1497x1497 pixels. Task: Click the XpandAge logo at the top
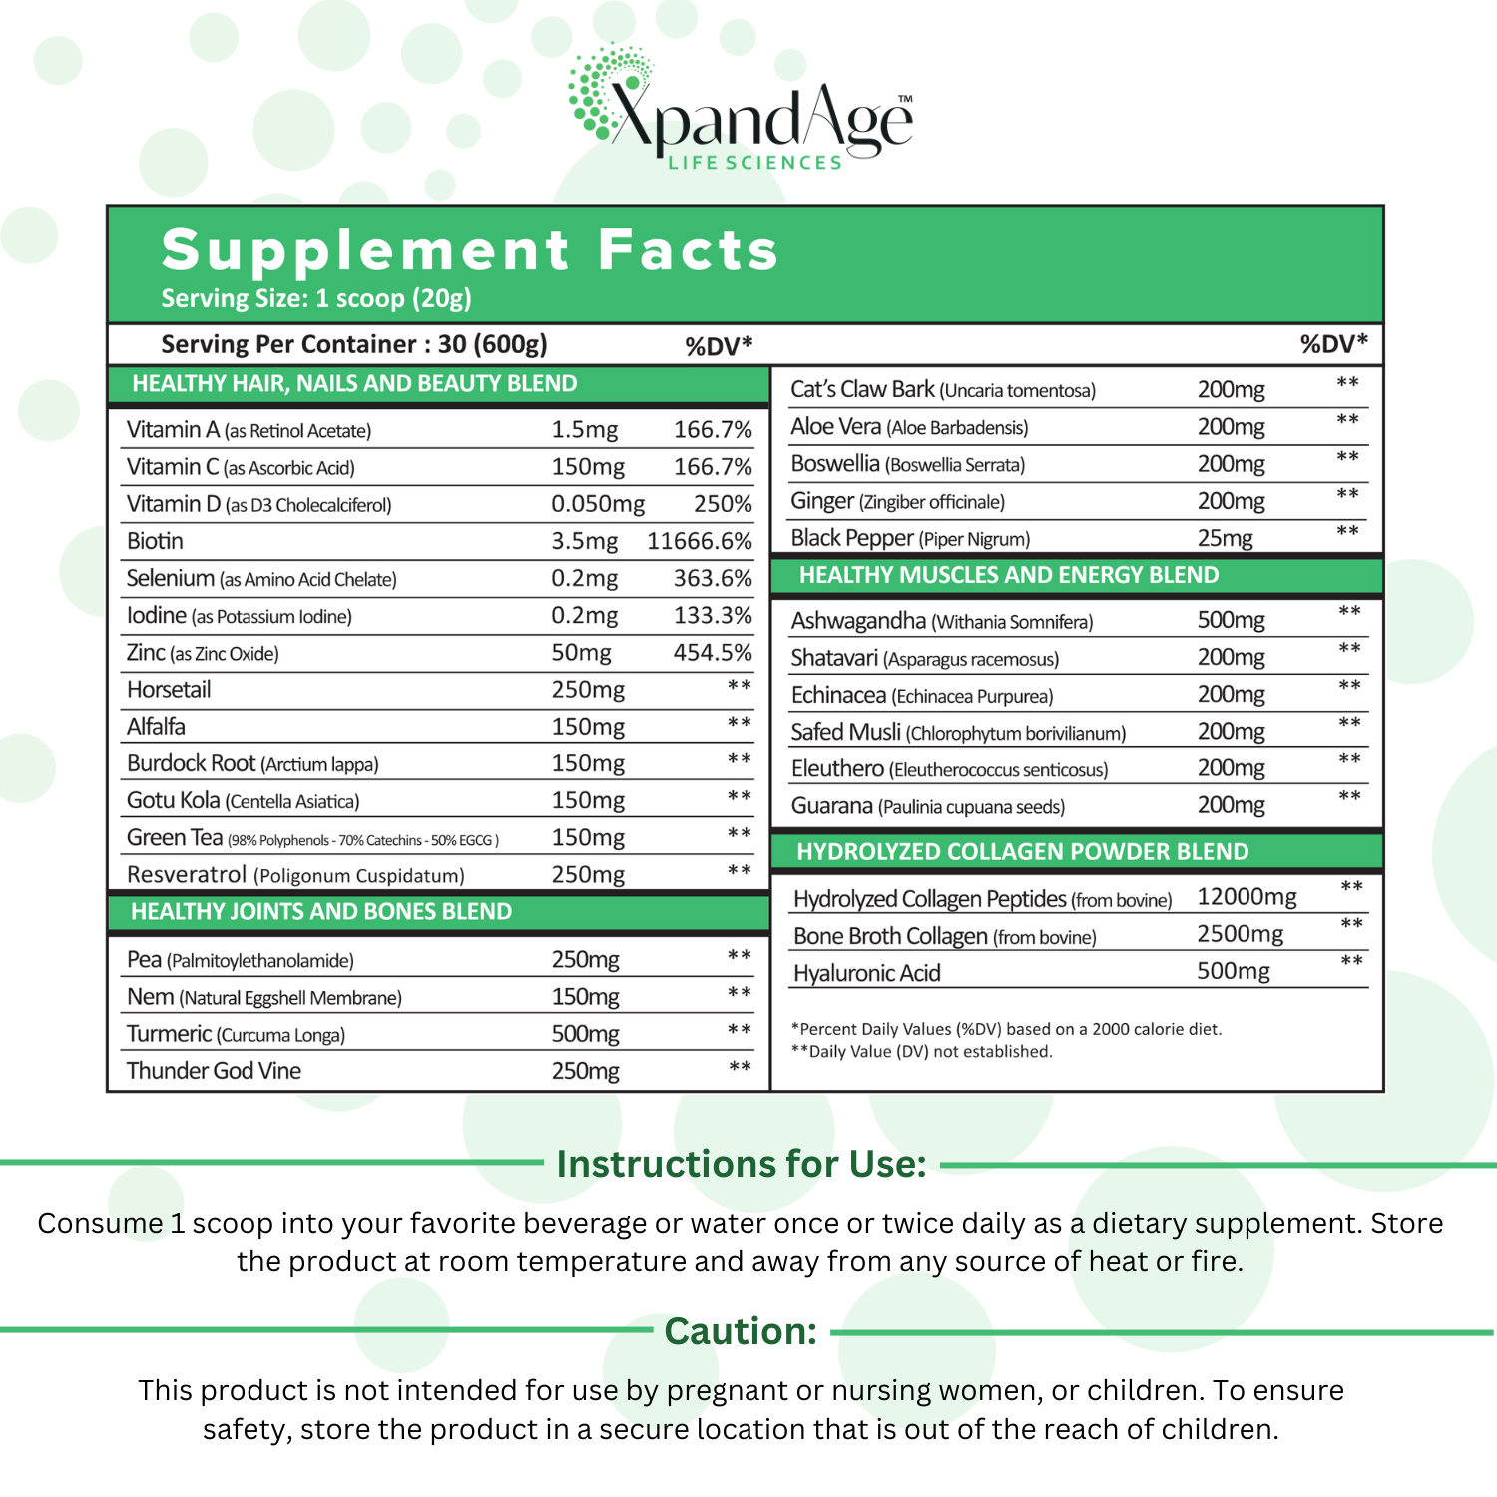(741, 112)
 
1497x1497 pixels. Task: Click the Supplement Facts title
(469, 249)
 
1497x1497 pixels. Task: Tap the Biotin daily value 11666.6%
(699, 541)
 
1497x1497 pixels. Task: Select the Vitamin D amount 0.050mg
(598, 504)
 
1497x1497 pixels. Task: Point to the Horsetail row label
(169, 690)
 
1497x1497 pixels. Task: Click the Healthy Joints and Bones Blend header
(321, 912)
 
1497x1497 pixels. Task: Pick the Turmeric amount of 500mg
(586, 1034)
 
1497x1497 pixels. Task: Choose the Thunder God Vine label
(214, 1071)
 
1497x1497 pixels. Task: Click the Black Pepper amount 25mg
(1225, 538)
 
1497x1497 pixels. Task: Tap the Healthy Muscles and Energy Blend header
(1009, 575)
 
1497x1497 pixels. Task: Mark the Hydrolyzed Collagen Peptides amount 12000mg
(1247, 897)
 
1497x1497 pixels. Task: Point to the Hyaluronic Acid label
(866, 973)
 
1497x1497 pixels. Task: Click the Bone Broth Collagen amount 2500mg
(1240, 934)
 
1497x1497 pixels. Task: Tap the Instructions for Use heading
(742, 1164)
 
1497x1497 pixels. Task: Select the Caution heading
(741, 1331)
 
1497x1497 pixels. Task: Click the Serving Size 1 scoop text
(316, 298)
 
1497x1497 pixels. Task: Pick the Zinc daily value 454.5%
(713, 653)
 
